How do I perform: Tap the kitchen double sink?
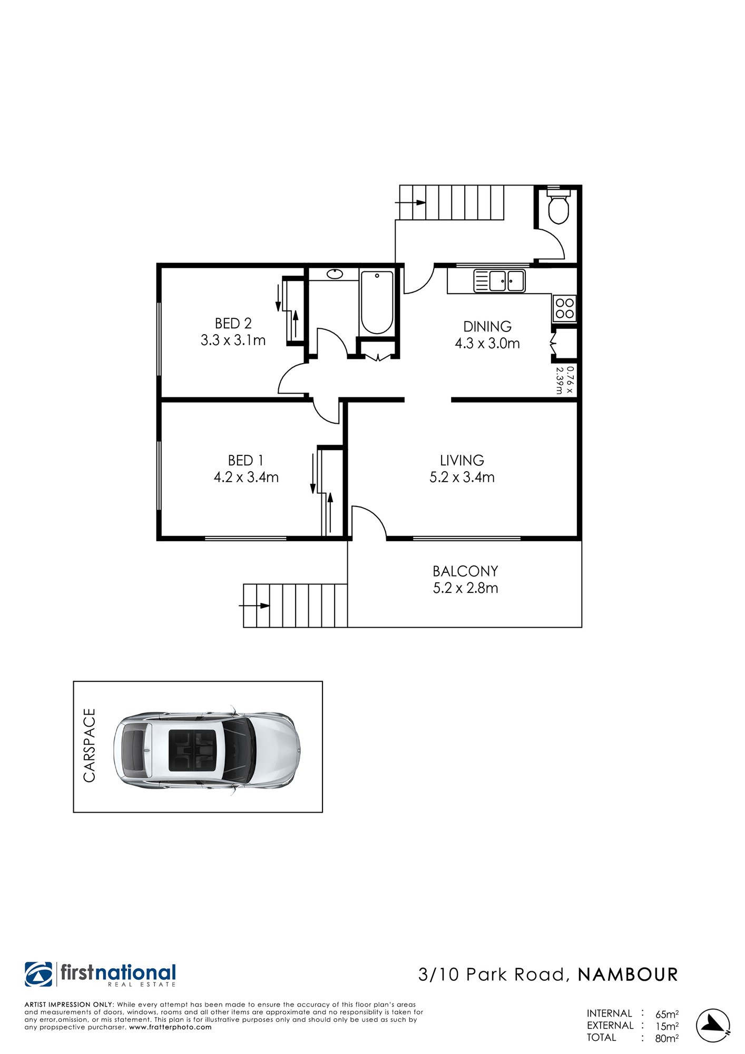(x=499, y=281)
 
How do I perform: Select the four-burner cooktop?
(x=564, y=309)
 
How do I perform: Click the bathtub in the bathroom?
(x=377, y=302)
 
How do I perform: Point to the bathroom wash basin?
(x=335, y=274)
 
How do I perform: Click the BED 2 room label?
(x=233, y=323)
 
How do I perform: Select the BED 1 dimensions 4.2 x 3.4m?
(x=246, y=477)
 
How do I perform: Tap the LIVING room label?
(x=462, y=460)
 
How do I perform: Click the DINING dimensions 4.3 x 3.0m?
(x=487, y=344)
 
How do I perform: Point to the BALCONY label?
(x=465, y=571)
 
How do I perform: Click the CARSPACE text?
(x=90, y=745)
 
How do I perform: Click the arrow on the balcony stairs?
(x=254, y=606)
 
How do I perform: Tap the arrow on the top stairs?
(x=410, y=202)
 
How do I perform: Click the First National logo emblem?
(x=38, y=974)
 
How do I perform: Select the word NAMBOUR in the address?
(x=628, y=975)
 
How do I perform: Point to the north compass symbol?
(x=713, y=1026)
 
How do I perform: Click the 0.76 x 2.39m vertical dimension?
(x=564, y=380)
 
